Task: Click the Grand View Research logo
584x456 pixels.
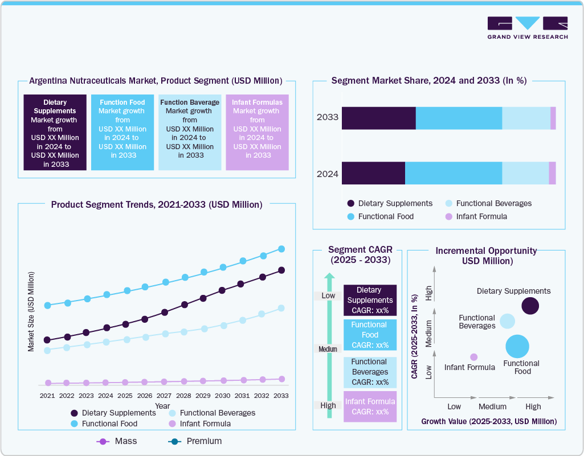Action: tap(527, 28)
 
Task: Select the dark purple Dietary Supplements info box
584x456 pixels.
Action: tap(55, 132)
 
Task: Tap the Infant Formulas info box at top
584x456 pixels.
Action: tap(257, 132)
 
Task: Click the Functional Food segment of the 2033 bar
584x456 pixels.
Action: tap(459, 118)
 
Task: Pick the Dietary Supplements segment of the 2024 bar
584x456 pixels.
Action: tap(373, 173)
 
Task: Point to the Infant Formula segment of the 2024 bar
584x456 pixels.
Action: tap(552, 173)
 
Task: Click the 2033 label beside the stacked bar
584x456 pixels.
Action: tap(328, 118)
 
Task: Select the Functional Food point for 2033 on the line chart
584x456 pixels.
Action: tap(281, 249)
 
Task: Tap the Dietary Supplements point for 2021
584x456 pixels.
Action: tap(47, 340)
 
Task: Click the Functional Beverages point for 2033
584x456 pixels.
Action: tap(281, 308)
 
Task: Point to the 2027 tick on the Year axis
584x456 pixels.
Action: tap(164, 395)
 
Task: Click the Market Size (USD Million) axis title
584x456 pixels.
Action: tap(31, 311)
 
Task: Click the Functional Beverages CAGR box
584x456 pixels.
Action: tap(370, 372)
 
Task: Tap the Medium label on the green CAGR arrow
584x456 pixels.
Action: tap(328, 349)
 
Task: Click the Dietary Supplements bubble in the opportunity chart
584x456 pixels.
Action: tap(530, 306)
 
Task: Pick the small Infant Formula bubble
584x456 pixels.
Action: tap(473, 357)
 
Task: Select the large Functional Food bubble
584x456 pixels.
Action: tap(517, 347)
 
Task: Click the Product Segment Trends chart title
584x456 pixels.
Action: tap(157, 204)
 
